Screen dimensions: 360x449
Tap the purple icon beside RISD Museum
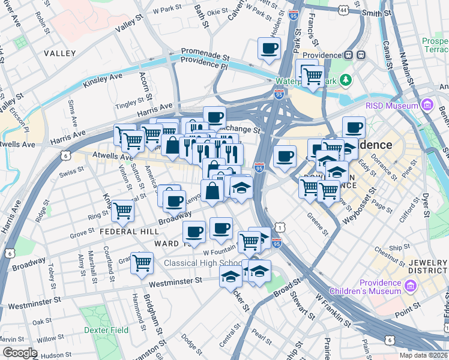(x=427, y=106)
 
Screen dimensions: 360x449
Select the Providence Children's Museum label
(x=380, y=287)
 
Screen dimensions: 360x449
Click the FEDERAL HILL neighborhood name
(x=129, y=231)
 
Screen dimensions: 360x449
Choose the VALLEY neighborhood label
(x=60, y=53)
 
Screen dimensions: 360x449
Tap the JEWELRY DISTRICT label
(x=428, y=267)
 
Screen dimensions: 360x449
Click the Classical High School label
(x=203, y=263)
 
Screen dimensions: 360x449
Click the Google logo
(x=20, y=353)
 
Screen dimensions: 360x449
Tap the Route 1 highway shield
(x=279, y=227)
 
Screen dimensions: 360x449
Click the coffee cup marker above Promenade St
(x=269, y=48)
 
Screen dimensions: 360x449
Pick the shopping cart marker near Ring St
(x=122, y=211)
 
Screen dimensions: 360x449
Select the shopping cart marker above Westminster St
(x=142, y=262)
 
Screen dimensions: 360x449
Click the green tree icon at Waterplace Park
(x=346, y=80)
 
